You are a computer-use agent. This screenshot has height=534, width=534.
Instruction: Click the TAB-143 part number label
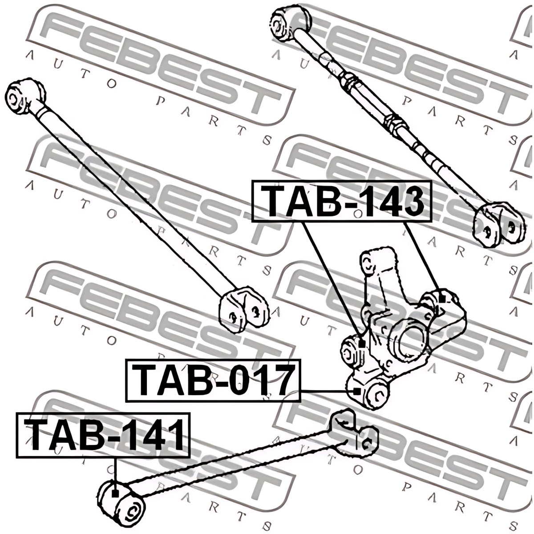[342, 201]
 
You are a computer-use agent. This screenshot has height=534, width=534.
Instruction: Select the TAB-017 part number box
[213, 381]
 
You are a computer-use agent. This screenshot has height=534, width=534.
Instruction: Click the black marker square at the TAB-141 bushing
[115, 493]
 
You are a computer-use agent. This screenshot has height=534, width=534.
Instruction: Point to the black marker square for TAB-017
[356, 391]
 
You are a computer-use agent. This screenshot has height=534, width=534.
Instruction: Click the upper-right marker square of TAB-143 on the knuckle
[441, 299]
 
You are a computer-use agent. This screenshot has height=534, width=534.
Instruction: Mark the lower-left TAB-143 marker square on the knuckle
[361, 344]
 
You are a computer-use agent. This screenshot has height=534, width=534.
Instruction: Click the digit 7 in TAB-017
[281, 381]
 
